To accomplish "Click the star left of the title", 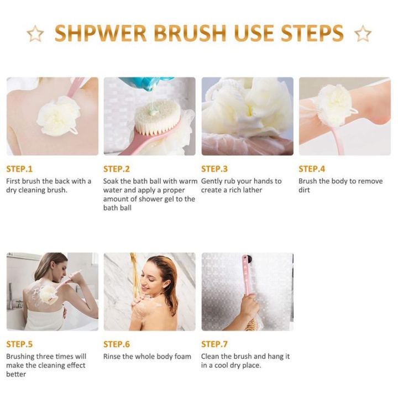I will [x=35, y=34].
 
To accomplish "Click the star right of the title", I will [x=363, y=34].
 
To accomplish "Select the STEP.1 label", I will [x=19, y=169].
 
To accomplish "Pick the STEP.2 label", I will [x=117, y=169].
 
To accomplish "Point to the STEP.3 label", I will [x=214, y=169].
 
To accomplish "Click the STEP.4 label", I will [x=312, y=169].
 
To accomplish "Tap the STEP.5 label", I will [x=19, y=344].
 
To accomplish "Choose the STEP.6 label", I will [x=117, y=344].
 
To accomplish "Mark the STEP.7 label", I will [x=214, y=344].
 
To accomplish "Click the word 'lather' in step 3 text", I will [x=251, y=190].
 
